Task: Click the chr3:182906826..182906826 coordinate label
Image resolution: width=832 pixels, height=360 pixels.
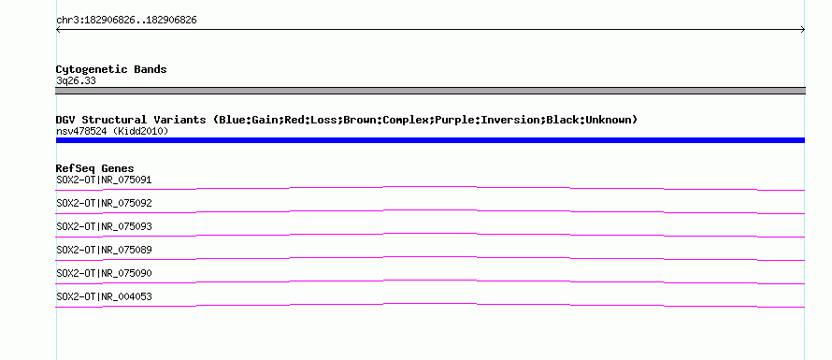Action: (x=126, y=21)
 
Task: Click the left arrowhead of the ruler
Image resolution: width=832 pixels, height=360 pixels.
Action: (x=57, y=30)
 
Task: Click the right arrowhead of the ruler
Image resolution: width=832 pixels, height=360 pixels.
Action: (x=804, y=30)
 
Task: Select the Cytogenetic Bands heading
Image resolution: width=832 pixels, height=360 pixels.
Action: (x=111, y=69)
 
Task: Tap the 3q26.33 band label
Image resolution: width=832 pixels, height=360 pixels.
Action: (x=76, y=81)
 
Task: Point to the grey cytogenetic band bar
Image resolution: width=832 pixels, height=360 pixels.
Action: (x=430, y=91)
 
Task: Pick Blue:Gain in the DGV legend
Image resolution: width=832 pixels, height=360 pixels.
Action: (x=249, y=120)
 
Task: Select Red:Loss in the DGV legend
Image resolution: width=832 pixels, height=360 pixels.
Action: (x=310, y=120)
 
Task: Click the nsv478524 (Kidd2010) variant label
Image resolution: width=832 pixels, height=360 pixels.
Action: (x=112, y=131)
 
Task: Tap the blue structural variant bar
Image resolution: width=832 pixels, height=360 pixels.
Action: (x=430, y=140)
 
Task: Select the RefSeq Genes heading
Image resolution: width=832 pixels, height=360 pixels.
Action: (x=95, y=168)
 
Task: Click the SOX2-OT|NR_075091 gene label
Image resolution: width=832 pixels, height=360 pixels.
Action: (x=104, y=180)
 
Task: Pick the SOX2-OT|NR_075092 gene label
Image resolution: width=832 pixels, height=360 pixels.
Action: (x=104, y=203)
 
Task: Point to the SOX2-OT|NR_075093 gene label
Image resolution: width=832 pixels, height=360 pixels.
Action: (x=104, y=226)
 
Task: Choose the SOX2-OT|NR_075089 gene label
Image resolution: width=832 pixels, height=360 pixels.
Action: (x=104, y=250)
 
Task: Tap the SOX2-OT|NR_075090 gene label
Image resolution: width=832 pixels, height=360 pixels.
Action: (x=104, y=273)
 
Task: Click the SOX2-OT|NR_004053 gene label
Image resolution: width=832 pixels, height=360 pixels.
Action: (x=104, y=296)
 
